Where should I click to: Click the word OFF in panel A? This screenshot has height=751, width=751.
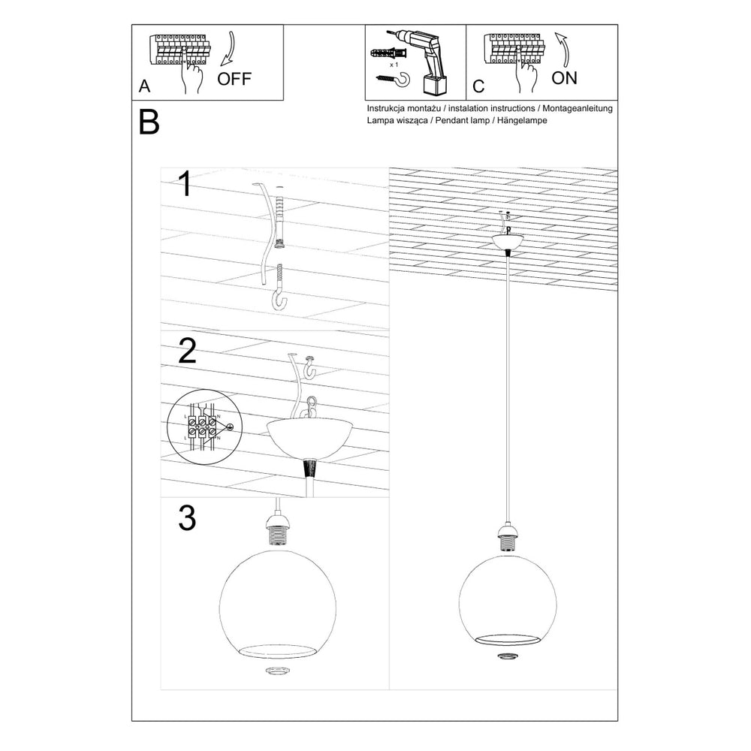pos(235,79)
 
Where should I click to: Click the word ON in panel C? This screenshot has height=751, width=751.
pos(564,78)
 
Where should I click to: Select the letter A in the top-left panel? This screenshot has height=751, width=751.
pos(145,86)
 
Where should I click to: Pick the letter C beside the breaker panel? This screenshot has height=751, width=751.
pos(478,86)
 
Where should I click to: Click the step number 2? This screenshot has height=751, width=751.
pos(187,351)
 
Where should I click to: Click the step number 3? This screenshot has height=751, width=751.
pos(187,518)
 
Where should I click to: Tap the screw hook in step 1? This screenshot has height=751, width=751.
pos(279,289)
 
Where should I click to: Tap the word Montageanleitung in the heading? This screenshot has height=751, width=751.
pos(577,108)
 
